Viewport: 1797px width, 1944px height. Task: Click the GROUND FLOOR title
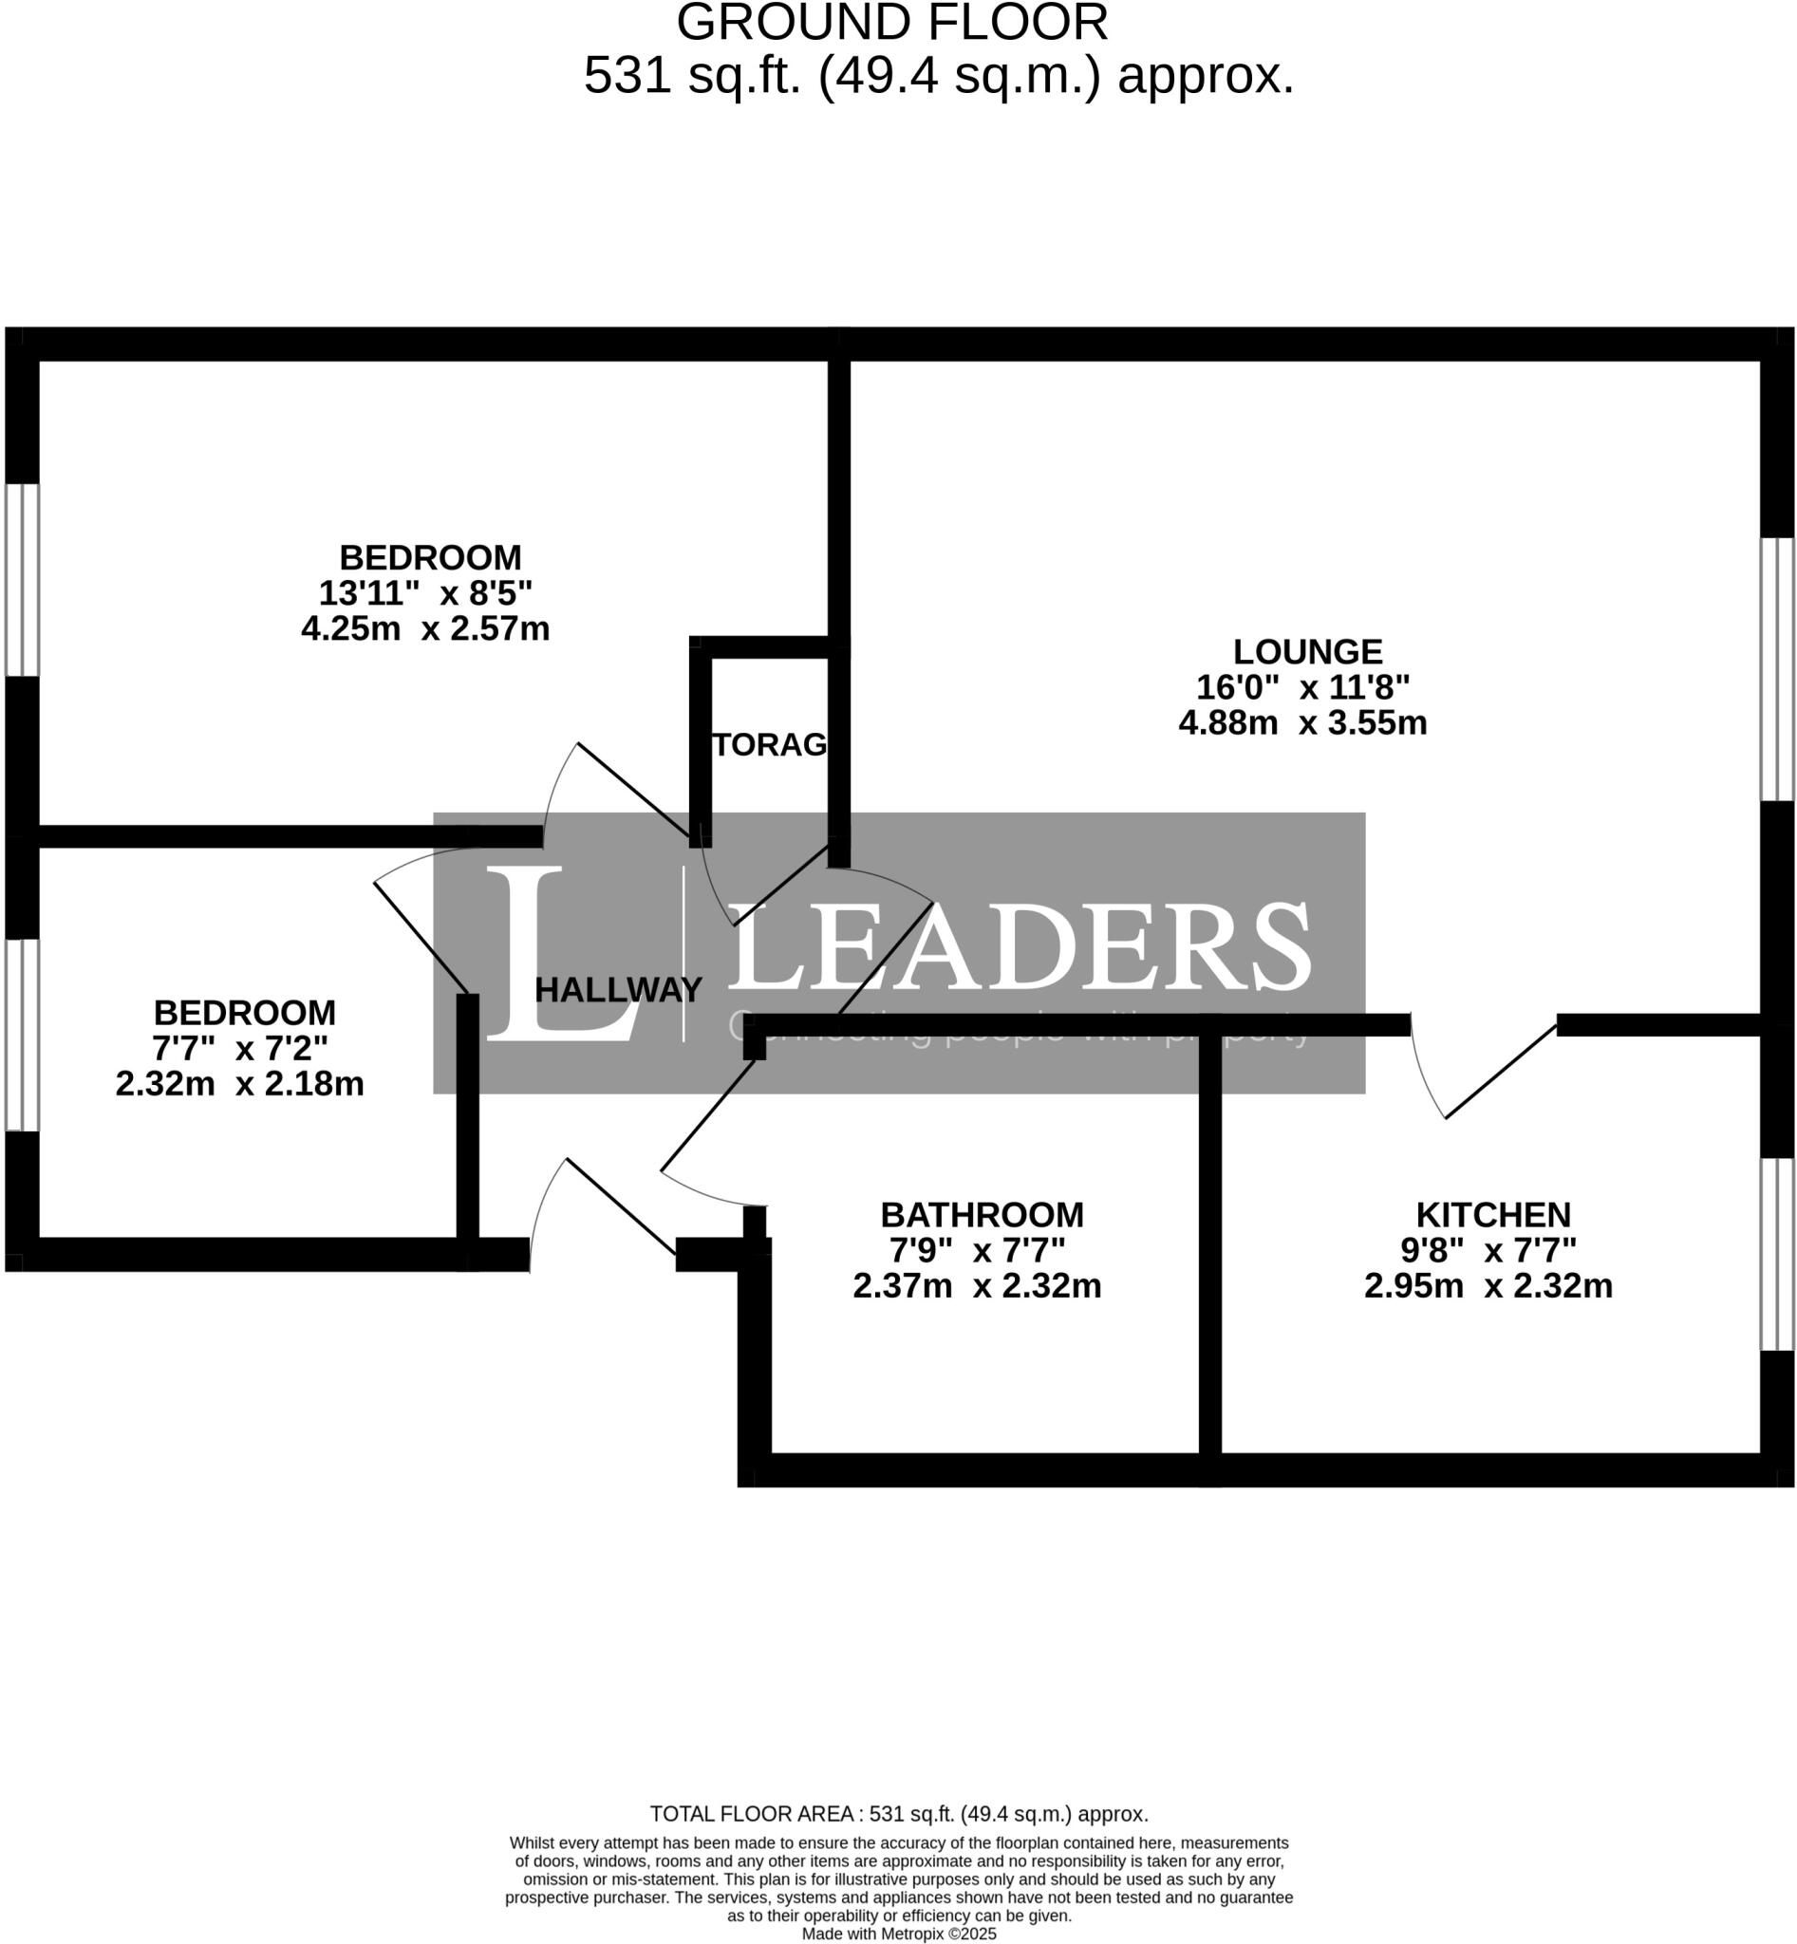click(891, 24)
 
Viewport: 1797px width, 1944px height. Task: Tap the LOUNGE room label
click(1307, 651)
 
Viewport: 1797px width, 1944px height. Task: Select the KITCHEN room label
click(1492, 1215)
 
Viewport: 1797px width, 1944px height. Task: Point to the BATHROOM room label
click(982, 1215)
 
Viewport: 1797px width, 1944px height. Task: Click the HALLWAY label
click(617, 990)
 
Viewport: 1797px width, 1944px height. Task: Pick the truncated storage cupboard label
click(769, 745)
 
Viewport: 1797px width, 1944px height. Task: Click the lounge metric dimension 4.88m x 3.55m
click(1302, 723)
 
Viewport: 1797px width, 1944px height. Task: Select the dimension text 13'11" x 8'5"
click(426, 592)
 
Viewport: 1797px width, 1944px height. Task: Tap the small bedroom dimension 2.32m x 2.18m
click(239, 1083)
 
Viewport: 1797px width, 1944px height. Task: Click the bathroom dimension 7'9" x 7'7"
click(977, 1249)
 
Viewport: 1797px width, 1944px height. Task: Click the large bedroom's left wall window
click(22, 580)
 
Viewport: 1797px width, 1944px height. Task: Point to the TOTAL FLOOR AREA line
click(898, 1814)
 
